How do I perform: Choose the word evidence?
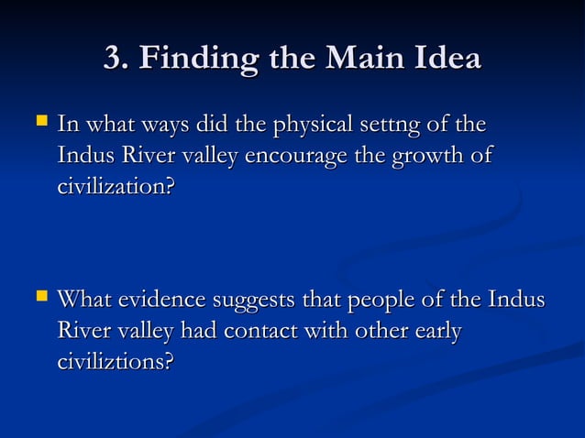160,301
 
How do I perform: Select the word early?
436,332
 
